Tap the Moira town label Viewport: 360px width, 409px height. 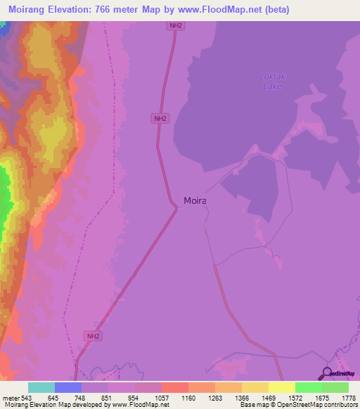(195, 200)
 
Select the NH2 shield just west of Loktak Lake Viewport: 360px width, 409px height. (160, 119)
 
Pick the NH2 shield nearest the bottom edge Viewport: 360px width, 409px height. (93, 336)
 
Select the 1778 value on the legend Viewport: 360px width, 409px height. (348, 397)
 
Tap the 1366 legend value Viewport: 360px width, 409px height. (240, 397)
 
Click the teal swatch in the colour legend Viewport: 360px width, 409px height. (41, 387)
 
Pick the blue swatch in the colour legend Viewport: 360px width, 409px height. (68, 387)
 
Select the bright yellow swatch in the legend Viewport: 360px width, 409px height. (281, 387)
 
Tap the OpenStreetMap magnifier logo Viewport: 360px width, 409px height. (326, 373)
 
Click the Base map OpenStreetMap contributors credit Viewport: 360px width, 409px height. (298, 405)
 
